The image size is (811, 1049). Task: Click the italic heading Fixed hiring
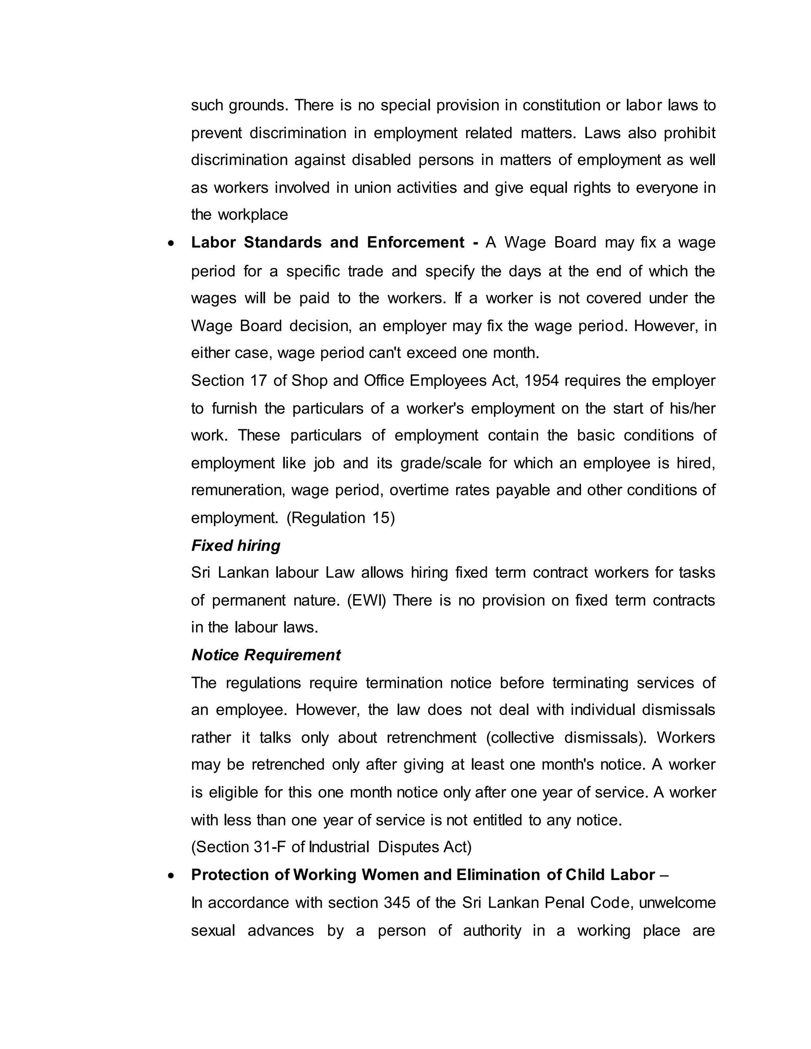[x=236, y=545]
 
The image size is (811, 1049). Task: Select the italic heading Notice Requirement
[x=266, y=655]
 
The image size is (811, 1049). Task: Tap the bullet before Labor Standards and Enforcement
[x=171, y=244]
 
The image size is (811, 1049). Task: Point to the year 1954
[x=541, y=381]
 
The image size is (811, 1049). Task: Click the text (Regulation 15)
[x=341, y=518]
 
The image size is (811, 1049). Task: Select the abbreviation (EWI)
[x=366, y=601]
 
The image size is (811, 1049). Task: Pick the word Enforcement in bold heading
[x=415, y=243]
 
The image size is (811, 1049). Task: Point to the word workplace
[x=253, y=215]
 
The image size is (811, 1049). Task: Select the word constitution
[x=561, y=105]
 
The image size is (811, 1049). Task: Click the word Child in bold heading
[x=585, y=875]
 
